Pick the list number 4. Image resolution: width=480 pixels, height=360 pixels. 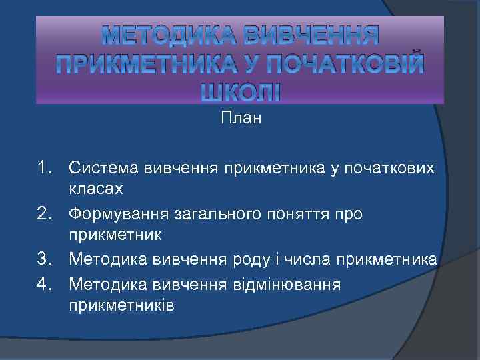[45, 284]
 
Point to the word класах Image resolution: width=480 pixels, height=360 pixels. [96, 189]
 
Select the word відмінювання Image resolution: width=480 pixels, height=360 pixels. [284, 284]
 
